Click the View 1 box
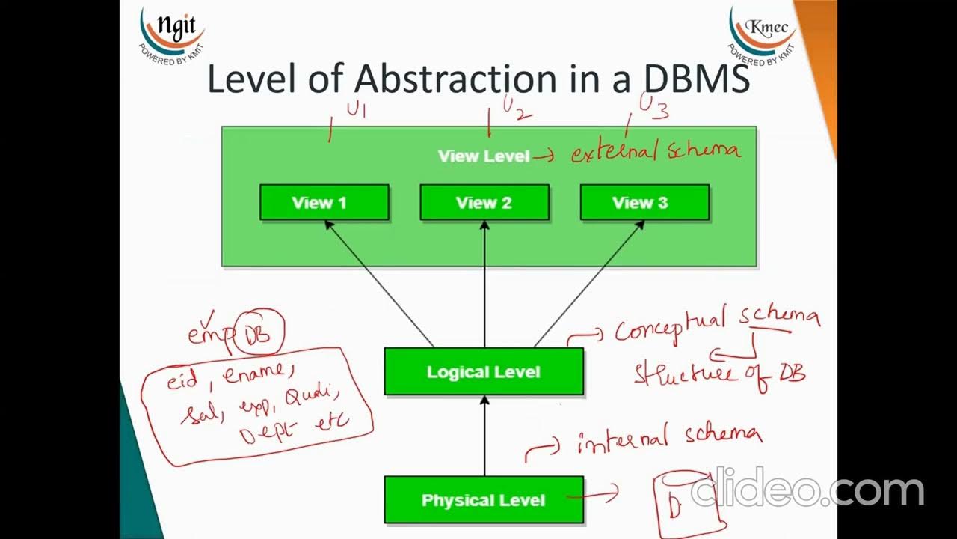point(324,203)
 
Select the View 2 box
point(484,203)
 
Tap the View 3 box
point(644,203)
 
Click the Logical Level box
point(483,372)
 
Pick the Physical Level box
point(483,500)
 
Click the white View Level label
point(483,156)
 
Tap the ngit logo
point(171,34)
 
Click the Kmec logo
point(763,34)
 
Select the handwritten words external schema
point(656,152)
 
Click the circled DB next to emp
point(259,332)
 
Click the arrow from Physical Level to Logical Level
point(484,437)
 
